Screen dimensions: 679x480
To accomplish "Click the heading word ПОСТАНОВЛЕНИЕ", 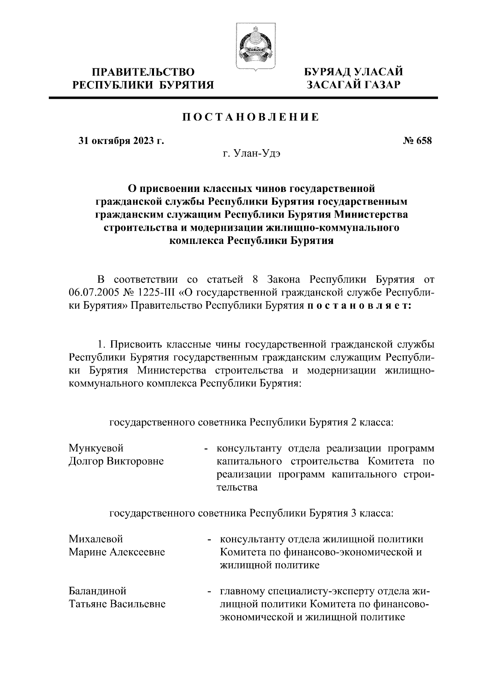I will pyautogui.click(x=251, y=117).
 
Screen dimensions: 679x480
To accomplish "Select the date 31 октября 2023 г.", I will pyautogui.click(x=121, y=141).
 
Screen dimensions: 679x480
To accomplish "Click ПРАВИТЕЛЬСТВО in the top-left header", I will pyautogui.click(x=144, y=72).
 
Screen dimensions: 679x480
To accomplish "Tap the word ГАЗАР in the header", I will pyautogui.click(x=378, y=85).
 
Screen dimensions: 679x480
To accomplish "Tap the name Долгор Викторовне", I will pyautogui.click(x=116, y=461).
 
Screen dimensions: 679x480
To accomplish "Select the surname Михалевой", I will pyautogui.click(x=96, y=539).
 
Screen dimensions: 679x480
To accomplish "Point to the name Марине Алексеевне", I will pyautogui.click(x=117, y=552).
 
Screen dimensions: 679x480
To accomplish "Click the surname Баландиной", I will pyautogui.click(x=98, y=591).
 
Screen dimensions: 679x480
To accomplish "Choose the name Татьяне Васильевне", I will pyautogui.click(x=117, y=603).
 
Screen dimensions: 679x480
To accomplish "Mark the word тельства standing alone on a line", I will pyautogui.click(x=237, y=487).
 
